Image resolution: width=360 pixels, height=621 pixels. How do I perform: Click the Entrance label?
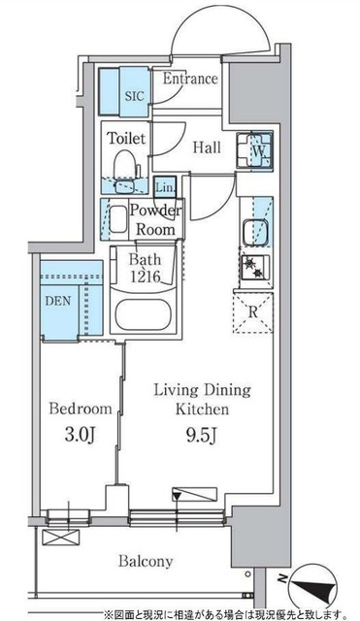[x=190, y=79]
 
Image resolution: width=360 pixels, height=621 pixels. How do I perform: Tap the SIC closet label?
[x=135, y=96]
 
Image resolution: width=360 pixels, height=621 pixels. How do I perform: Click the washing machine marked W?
[x=255, y=151]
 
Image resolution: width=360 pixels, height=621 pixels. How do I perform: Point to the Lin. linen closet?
[x=164, y=187]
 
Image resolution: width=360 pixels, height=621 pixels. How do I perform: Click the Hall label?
[x=207, y=147]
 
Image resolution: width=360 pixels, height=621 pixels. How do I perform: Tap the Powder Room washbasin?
[x=116, y=219]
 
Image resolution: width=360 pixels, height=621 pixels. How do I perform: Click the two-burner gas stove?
[x=255, y=267]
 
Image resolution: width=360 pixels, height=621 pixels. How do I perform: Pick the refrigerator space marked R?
[x=253, y=312]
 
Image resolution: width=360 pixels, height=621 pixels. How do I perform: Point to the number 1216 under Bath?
[x=145, y=277]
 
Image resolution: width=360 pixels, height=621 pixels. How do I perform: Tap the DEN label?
[x=58, y=301]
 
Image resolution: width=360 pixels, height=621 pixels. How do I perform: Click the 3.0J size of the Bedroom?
[x=79, y=435]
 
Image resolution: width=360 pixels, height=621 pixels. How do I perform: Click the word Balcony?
[x=146, y=561]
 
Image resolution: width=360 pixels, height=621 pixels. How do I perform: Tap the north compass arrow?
[x=312, y=589]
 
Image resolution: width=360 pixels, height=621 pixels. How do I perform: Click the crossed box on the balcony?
[x=61, y=538]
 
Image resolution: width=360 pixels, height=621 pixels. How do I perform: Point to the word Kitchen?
[x=202, y=409]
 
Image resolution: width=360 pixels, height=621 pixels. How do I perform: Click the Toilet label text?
[x=126, y=138]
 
